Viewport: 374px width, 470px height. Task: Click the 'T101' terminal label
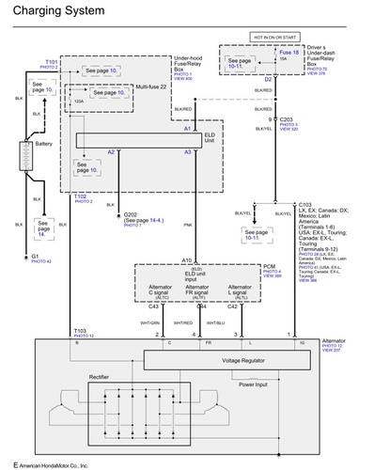coord(51,61)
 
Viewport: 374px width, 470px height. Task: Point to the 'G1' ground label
coord(37,256)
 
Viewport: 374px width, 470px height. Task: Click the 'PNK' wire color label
coord(188,226)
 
